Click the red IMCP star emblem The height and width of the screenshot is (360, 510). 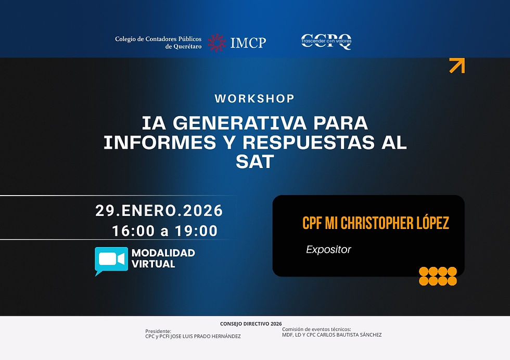point(217,43)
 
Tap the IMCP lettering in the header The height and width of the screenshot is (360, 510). point(248,43)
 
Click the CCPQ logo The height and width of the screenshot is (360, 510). point(326,42)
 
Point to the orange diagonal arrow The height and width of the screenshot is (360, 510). point(457,66)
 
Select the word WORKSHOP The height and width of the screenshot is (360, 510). point(254,98)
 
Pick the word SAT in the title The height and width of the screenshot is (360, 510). point(254,161)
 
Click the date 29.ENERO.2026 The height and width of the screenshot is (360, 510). point(159,211)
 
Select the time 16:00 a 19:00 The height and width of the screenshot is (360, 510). point(164,231)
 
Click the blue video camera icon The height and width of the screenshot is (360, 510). point(111,260)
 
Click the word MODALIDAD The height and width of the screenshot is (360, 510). point(163,253)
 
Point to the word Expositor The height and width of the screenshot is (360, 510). point(328,250)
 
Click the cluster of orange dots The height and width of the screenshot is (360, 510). point(438,276)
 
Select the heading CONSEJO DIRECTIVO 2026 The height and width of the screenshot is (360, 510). point(251,324)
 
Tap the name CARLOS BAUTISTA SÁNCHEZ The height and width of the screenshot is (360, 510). point(351,335)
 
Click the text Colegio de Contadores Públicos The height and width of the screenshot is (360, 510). point(158,39)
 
